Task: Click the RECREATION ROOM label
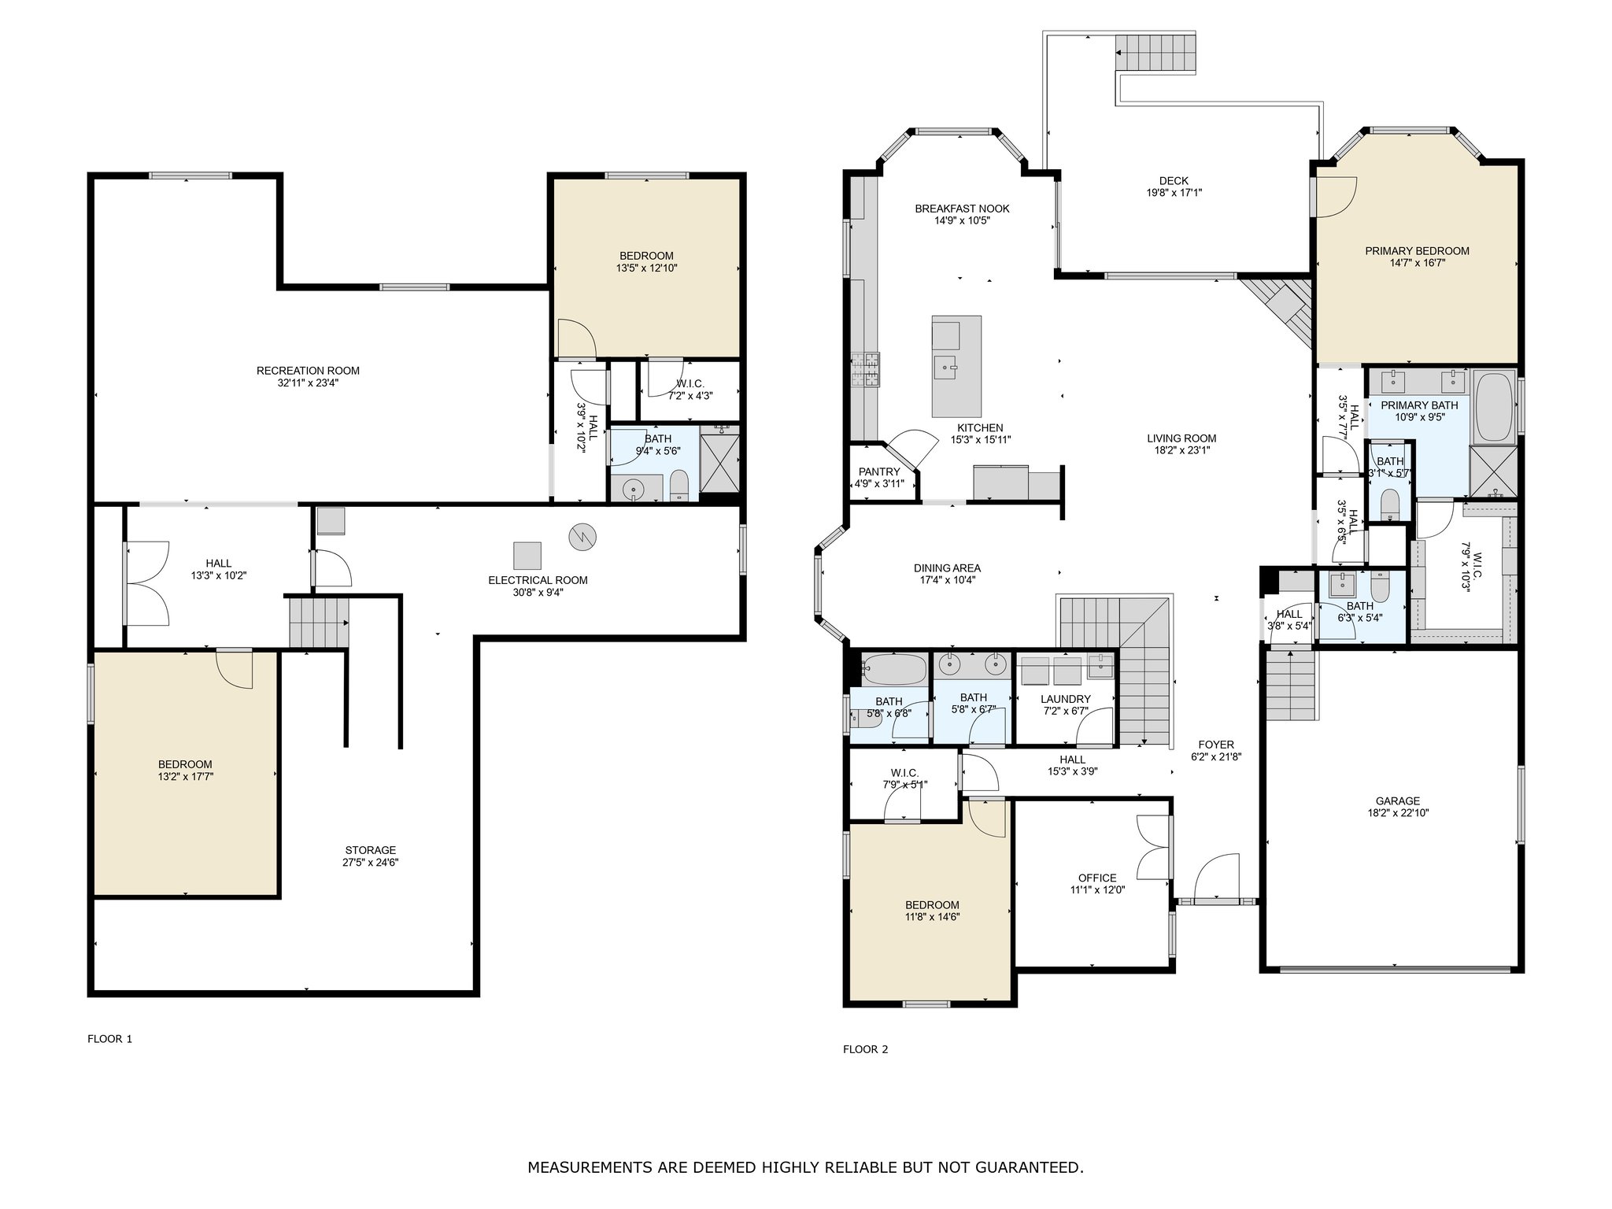pos(308,371)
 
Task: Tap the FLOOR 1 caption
pos(109,1039)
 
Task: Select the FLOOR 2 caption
pos(865,1049)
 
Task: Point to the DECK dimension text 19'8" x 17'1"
pos(1174,192)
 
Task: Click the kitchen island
pos(956,366)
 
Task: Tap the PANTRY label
pos(879,471)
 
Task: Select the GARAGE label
pos(1398,801)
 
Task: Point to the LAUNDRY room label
pos(1065,699)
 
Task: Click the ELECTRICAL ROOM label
pos(538,580)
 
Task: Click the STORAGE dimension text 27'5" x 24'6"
pos(371,862)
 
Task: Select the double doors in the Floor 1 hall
pos(146,582)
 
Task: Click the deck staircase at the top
pos(1156,51)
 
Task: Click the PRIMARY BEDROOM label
pos(1417,251)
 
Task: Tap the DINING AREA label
pos(947,568)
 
